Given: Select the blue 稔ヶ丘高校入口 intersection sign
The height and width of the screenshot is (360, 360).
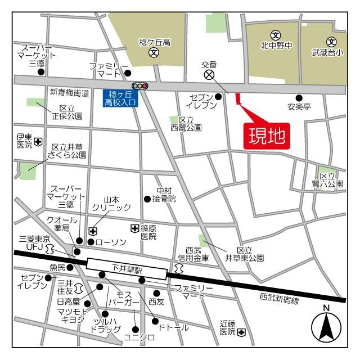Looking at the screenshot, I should click(120, 98).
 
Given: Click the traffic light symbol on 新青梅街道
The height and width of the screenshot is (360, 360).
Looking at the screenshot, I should click(139, 85).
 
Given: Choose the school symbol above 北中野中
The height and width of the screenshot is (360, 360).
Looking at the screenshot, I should click(276, 35).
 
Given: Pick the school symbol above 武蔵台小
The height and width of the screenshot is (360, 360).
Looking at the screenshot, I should click(331, 41).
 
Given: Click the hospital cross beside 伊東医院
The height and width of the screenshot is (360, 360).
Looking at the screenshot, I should click(38, 141).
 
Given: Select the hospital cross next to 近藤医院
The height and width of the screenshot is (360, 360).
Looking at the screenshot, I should click(241, 332).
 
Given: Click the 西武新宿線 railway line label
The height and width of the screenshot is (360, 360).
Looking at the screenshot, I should click(279, 300).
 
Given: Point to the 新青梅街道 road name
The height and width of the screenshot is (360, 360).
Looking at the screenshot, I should click(69, 93).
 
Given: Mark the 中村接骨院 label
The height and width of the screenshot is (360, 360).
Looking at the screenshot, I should click(166, 195).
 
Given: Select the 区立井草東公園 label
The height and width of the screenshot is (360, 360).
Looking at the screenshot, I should click(244, 254).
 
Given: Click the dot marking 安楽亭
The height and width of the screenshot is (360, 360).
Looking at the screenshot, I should click(299, 97).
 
